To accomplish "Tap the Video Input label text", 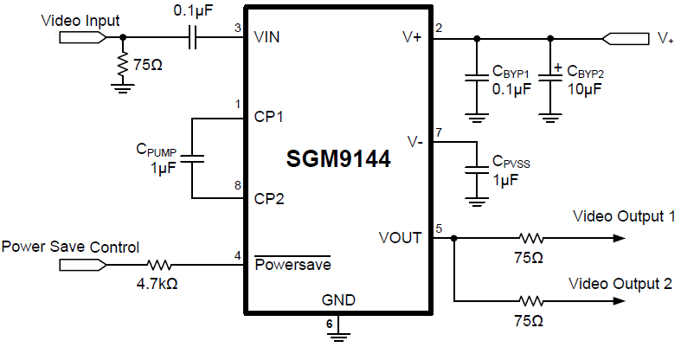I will (80, 20).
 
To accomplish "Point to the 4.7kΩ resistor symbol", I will (162, 265).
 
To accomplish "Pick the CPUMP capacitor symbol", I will (192, 157).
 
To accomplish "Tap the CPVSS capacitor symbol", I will (474, 166).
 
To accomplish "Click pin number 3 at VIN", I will (237, 28).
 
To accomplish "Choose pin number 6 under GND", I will (329, 324).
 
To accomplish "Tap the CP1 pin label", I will (270, 115).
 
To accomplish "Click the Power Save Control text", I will (70, 247).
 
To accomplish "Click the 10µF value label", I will (584, 89).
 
